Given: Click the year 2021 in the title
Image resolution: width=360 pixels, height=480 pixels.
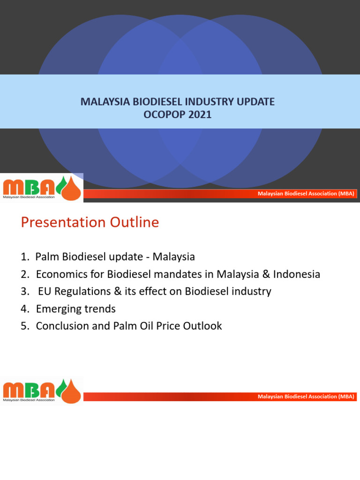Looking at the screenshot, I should [200, 114].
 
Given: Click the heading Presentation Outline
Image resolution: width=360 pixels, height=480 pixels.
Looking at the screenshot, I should [90, 222].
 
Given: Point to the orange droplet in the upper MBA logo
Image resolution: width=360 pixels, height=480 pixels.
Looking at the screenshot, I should [71, 187].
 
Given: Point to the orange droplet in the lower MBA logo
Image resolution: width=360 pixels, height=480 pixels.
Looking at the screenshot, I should [71, 390].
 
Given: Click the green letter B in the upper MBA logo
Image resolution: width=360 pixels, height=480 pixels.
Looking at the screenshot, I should [32, 187].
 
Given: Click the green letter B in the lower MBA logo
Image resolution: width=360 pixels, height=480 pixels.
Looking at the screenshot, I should [32, 390].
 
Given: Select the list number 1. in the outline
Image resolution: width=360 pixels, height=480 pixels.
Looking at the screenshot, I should [25, 257].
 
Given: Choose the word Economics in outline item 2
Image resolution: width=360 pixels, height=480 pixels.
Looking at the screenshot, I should [59, 274].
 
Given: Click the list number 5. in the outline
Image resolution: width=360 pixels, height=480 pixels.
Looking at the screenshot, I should [25, 326].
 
